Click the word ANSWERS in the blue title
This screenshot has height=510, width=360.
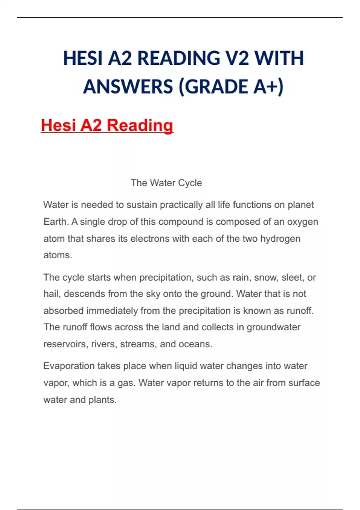[128, 86]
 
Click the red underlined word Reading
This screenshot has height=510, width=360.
[140, 125]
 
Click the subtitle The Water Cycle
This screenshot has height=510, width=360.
[166, 183]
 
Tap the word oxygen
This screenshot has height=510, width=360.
[302, 222]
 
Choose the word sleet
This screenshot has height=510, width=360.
[292, 277]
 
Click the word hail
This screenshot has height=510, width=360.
[52, 294]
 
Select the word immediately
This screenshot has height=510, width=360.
[112, 310]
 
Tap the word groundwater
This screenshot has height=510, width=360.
[273, 327]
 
